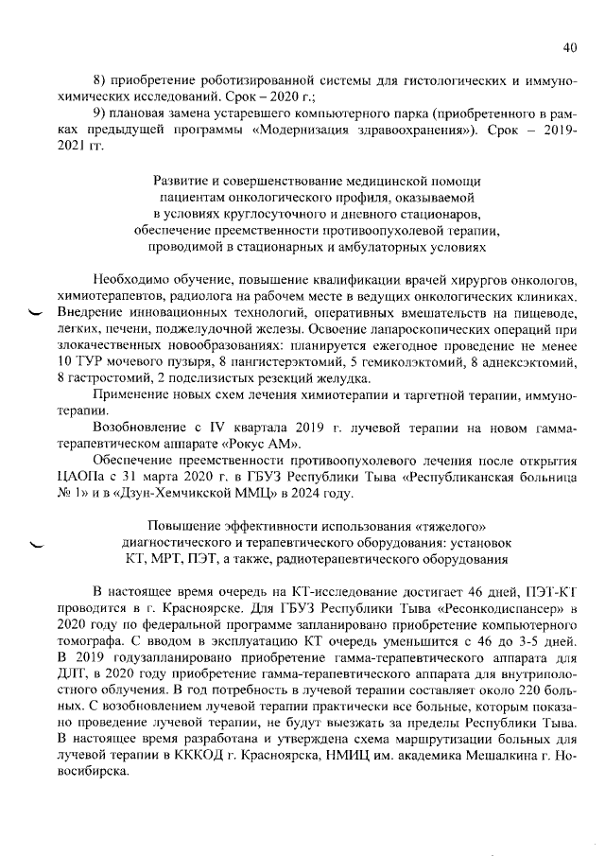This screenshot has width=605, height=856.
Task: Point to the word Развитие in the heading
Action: pos(181,181)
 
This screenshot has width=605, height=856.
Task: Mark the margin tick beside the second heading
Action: pos(37,545)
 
